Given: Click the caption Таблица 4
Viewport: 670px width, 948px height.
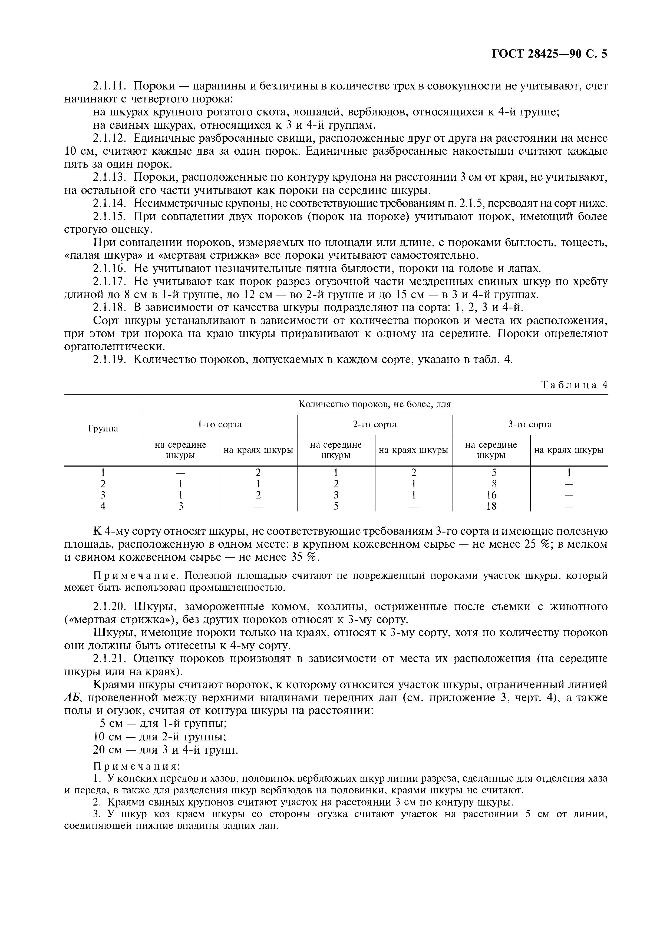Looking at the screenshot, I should point(574,385).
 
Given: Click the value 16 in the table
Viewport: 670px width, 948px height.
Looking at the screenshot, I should point(491,495).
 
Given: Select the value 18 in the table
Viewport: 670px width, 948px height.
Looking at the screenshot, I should point(491,506).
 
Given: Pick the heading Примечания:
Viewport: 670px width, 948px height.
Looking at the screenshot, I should point(137,766).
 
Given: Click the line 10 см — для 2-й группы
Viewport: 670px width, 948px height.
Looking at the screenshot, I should point(159,737).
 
